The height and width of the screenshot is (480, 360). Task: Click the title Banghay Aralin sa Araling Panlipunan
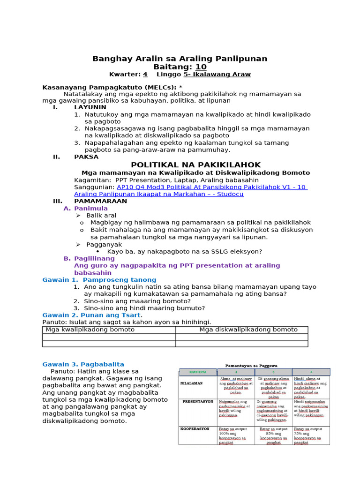point(180,59)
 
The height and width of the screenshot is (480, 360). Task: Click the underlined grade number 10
point(201,67)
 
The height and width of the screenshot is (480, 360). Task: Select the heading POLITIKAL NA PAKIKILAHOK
point(195,165)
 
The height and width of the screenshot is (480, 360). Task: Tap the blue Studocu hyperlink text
point(190,190)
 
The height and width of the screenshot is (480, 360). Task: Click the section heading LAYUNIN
point(90,107)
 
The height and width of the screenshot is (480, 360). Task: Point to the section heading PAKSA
point(86,157)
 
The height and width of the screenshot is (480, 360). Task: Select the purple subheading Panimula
point(91,208)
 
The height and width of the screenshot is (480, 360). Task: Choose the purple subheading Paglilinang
point(94,258)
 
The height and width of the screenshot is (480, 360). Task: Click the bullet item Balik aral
point(101,215)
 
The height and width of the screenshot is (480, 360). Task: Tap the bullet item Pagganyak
point(104,244)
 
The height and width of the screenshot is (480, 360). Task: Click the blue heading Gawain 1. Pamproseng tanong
point(99,280)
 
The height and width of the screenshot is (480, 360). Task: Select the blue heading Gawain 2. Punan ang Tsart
point(92,315)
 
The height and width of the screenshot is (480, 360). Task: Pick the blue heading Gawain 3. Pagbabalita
point(83,364)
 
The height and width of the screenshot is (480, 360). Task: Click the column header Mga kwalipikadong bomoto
point(90,330)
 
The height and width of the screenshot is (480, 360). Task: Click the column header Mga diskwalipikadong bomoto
point(248,330)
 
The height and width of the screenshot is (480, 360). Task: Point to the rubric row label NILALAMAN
point(191,383)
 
